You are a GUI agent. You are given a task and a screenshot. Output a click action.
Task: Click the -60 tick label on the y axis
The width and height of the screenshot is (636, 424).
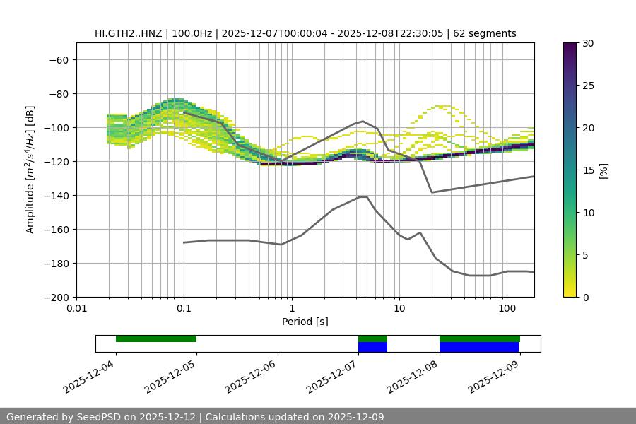[58, 59]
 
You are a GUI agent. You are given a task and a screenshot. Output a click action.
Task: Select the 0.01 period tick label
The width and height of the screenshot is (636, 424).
[76, 309]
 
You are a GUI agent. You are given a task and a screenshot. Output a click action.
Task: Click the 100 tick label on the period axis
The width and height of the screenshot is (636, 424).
[507, 309]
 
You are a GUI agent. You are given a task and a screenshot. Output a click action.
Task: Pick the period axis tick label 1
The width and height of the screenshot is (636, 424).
[291, 309]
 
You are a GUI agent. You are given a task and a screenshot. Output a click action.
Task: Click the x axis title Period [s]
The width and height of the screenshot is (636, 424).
[305, 322]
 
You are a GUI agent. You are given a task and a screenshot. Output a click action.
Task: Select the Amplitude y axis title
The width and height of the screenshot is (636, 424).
[30, 170]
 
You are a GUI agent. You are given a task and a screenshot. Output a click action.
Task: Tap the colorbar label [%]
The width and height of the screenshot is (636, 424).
[603, 170]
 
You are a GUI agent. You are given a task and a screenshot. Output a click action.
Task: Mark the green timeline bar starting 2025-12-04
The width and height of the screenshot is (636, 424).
[156, 338]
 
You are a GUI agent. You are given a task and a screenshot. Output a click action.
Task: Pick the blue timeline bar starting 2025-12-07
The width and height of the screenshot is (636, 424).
[372, 347]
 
